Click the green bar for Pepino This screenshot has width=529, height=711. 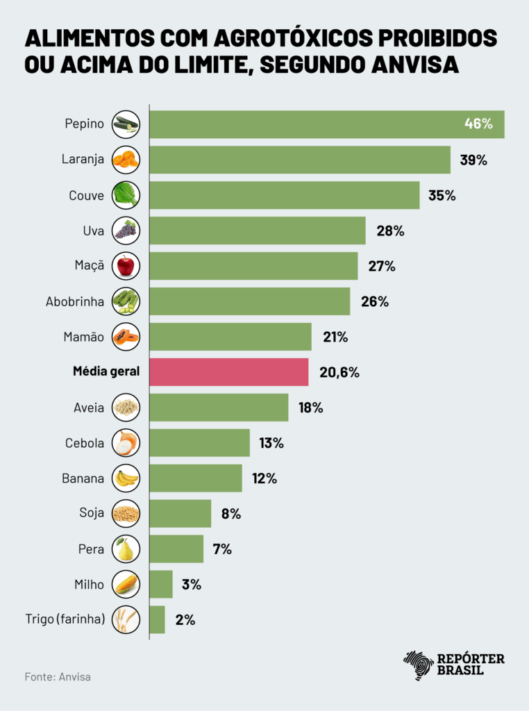click(x=326, y=124)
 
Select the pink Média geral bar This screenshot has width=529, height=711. click(x=229, y=372)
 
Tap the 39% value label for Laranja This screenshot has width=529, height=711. click(x=473, y=160)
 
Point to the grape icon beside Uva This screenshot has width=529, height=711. click(x=126, y=231)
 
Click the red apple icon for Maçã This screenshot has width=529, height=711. click(x=126, y=266)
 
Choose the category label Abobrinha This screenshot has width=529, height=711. click(x=75, y=301)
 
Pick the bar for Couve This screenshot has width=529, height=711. click(x=285, y=195)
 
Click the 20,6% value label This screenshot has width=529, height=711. click(x=339, y=372)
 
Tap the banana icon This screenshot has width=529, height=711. click(x=126, y=478)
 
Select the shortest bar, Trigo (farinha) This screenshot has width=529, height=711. click(x=158, y=619)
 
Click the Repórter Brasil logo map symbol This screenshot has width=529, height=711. click(x=418, y=665)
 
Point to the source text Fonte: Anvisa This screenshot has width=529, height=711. click(x=58, y=676)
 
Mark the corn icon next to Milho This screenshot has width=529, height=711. click(x=126, y=585)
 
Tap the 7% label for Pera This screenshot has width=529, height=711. click(x=222, y=549)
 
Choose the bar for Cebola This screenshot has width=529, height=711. click(x=200, y=443)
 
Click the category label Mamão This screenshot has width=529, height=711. click(x=84, y=337)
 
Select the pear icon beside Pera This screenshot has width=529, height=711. click(x=126, y=549)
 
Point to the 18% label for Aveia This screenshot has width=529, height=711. click(x=311, y=408)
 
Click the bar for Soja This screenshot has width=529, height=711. click(x=180, y=514)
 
